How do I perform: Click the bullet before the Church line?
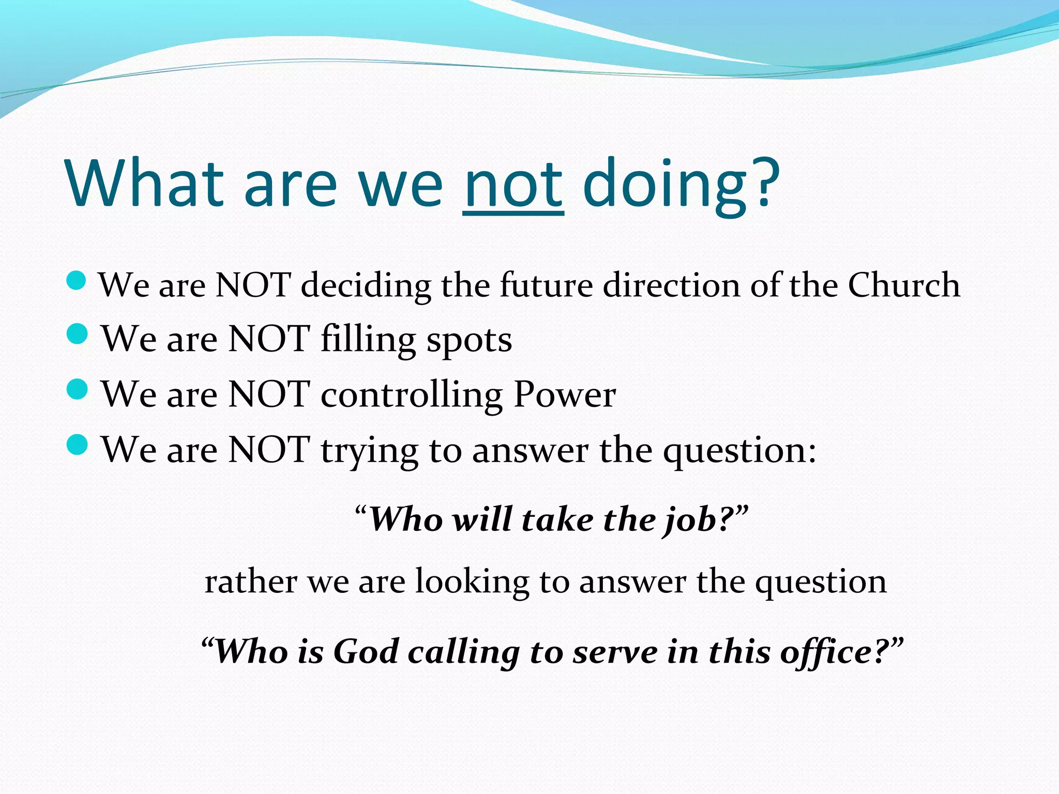point(77,281)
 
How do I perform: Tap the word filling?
point(368,340)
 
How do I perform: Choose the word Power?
point(564,394)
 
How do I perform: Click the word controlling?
point(411,395)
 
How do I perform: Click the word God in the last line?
point(365,651)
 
